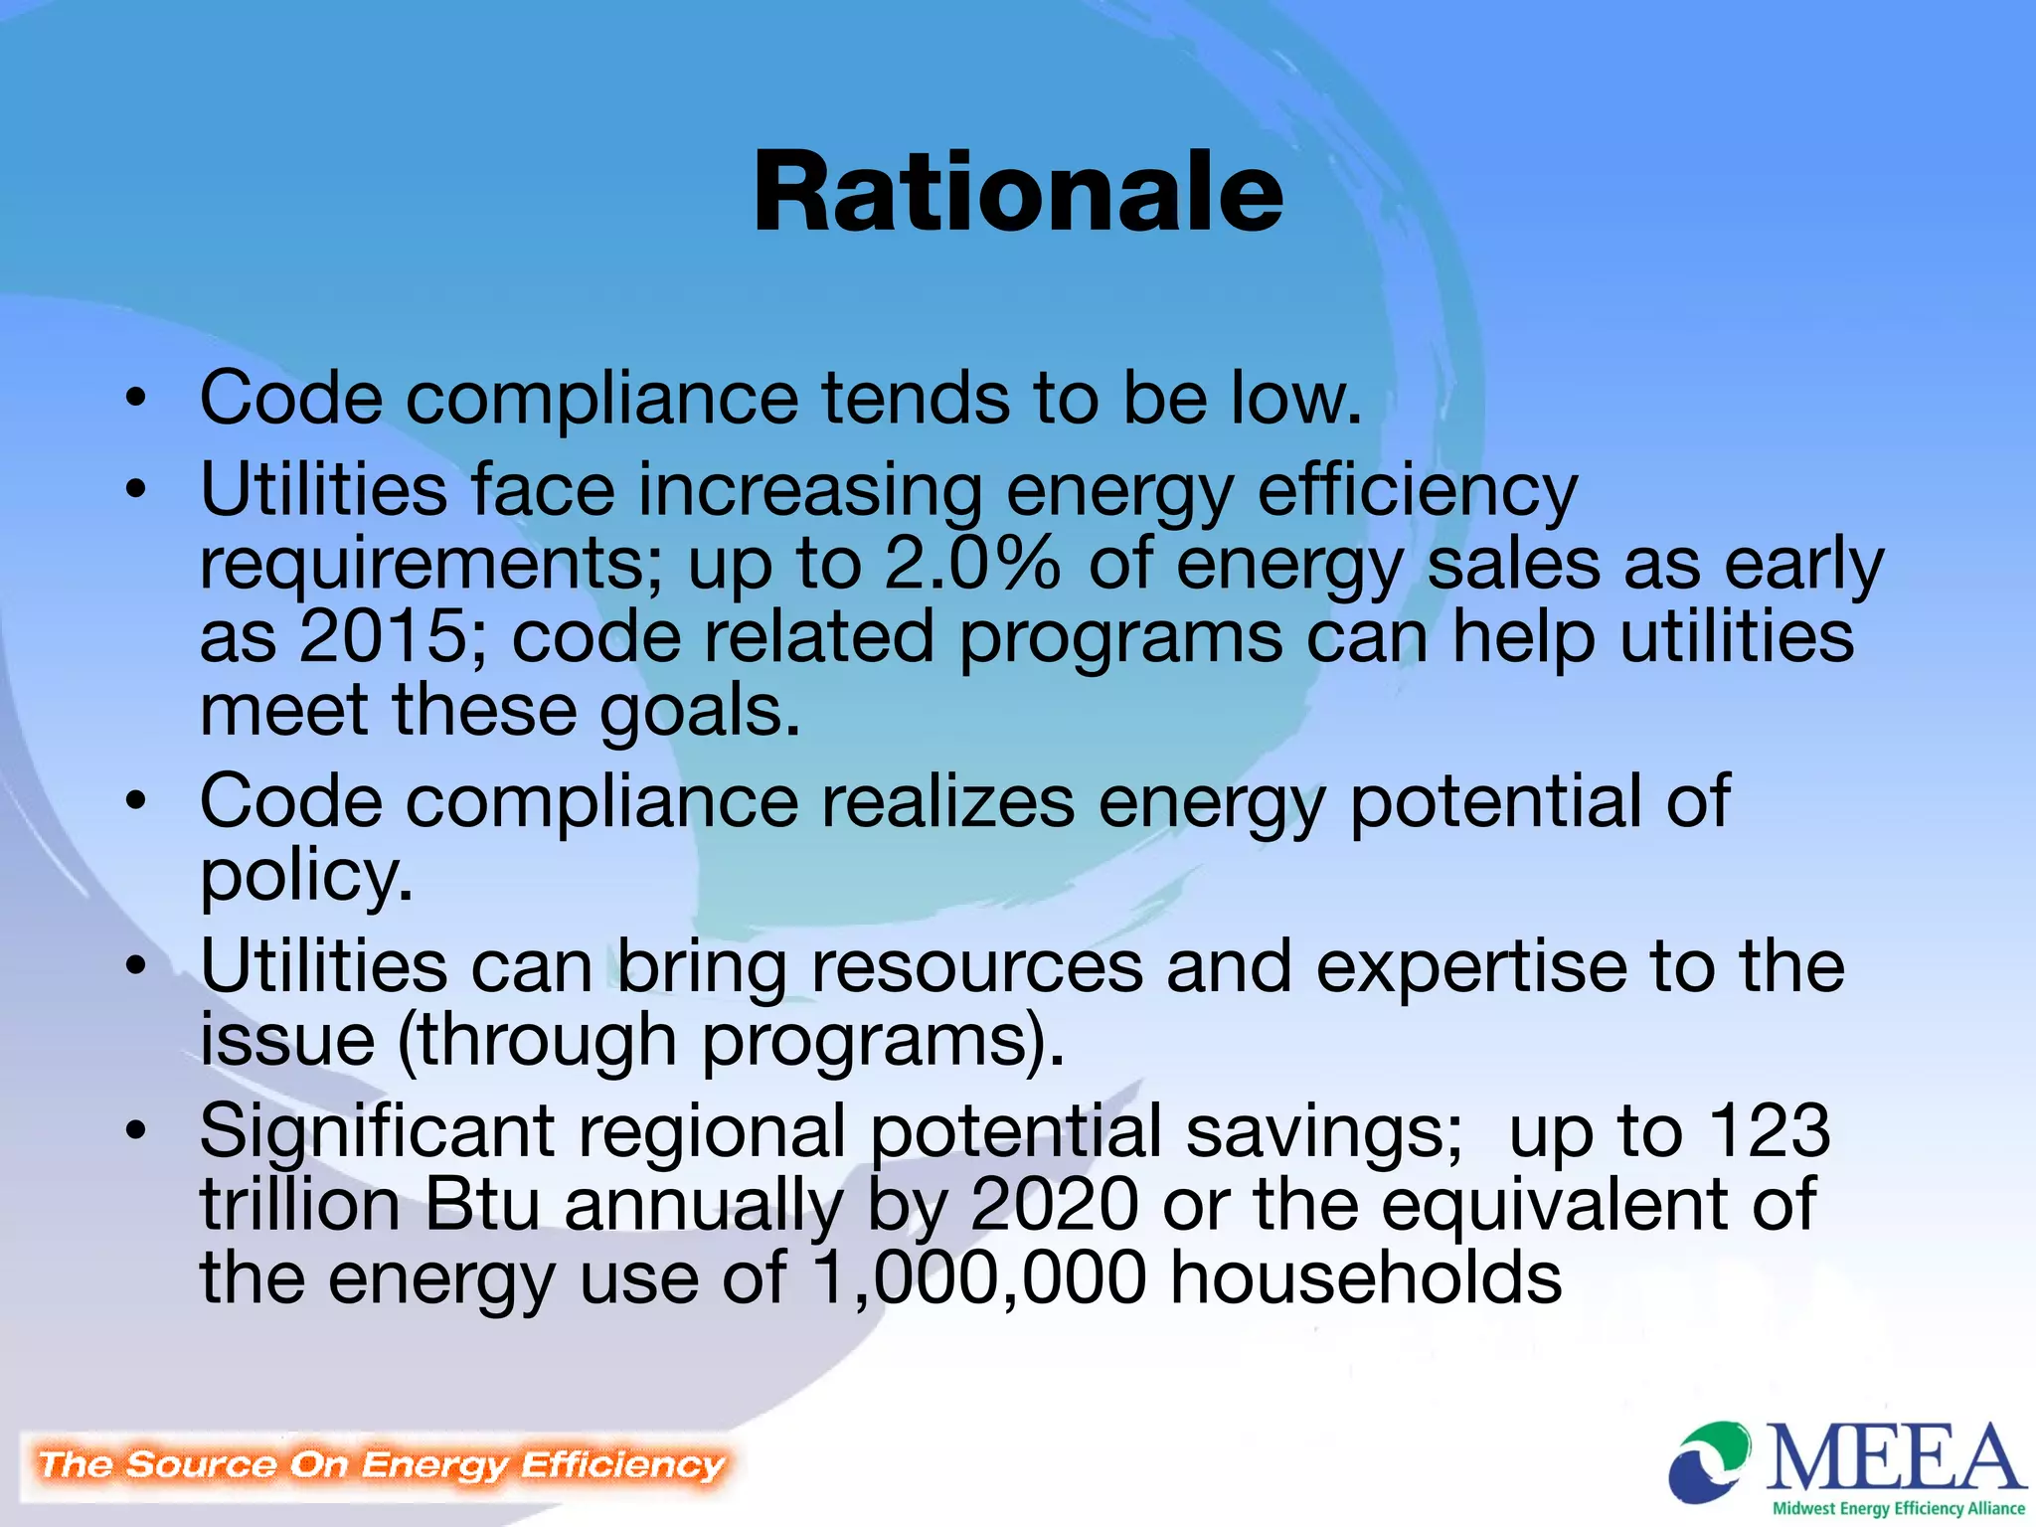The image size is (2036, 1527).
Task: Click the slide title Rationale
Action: pos(1018,193)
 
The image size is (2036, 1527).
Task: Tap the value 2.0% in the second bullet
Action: pos(972,564)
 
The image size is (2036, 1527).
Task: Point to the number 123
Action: pos(1769,1131)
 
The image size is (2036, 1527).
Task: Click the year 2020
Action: pos(1054,1205)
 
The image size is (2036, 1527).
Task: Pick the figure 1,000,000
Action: pos(979,1278)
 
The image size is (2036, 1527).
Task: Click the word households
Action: pos(1365,1278)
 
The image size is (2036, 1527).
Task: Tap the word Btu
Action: pos(482,1205)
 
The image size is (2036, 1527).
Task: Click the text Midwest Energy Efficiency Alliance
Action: pos(1899,1508)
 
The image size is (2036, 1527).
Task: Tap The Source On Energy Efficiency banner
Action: pos(381,1464)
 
